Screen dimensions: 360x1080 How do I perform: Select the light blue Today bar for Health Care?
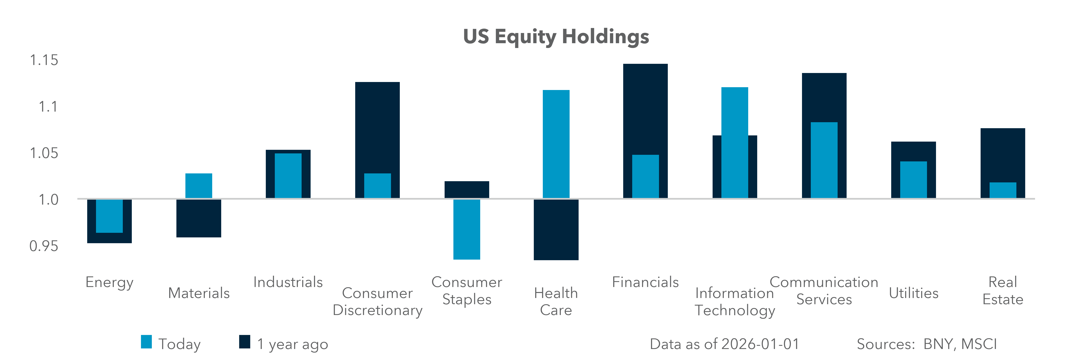click(x=556, y=144)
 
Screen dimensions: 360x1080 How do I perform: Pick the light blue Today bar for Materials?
click(x=199, y=186)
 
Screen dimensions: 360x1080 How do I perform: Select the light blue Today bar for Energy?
click(x=109, y=216)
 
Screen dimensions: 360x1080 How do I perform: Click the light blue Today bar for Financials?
click(x=645, y=176)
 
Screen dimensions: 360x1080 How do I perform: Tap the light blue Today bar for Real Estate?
click(x=1003, y=190)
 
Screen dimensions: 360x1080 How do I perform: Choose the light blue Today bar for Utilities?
click(x=914, y=180)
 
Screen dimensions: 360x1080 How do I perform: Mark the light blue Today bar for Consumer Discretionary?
click(x=377, y=186)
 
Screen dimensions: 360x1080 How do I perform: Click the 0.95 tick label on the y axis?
click(x=44, y=246)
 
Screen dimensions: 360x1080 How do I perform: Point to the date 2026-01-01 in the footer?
click(x=759, y=344)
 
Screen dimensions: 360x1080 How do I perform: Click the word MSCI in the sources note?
click(x=979, y=344)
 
